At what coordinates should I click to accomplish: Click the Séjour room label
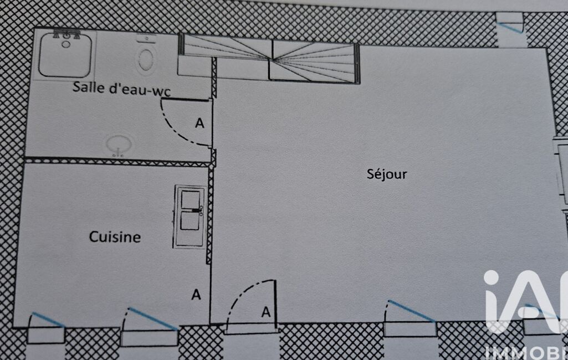[387, 174]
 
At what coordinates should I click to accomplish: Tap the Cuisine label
[115, 237]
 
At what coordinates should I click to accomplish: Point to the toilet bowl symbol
[146, 58]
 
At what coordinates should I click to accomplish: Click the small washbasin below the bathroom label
[119, 146]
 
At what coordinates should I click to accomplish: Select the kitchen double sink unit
[190, 217]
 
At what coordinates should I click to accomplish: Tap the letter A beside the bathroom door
[199, 124]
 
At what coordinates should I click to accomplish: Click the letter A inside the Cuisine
[196, 295]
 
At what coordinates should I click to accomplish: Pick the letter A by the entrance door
[266, 312]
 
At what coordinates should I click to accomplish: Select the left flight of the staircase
[225, 44]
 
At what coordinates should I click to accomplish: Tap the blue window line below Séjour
[411, 311]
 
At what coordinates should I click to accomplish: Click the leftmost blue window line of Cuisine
[48, 320]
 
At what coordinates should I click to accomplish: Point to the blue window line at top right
[510, 27]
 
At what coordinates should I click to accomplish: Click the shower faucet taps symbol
[66, 35]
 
